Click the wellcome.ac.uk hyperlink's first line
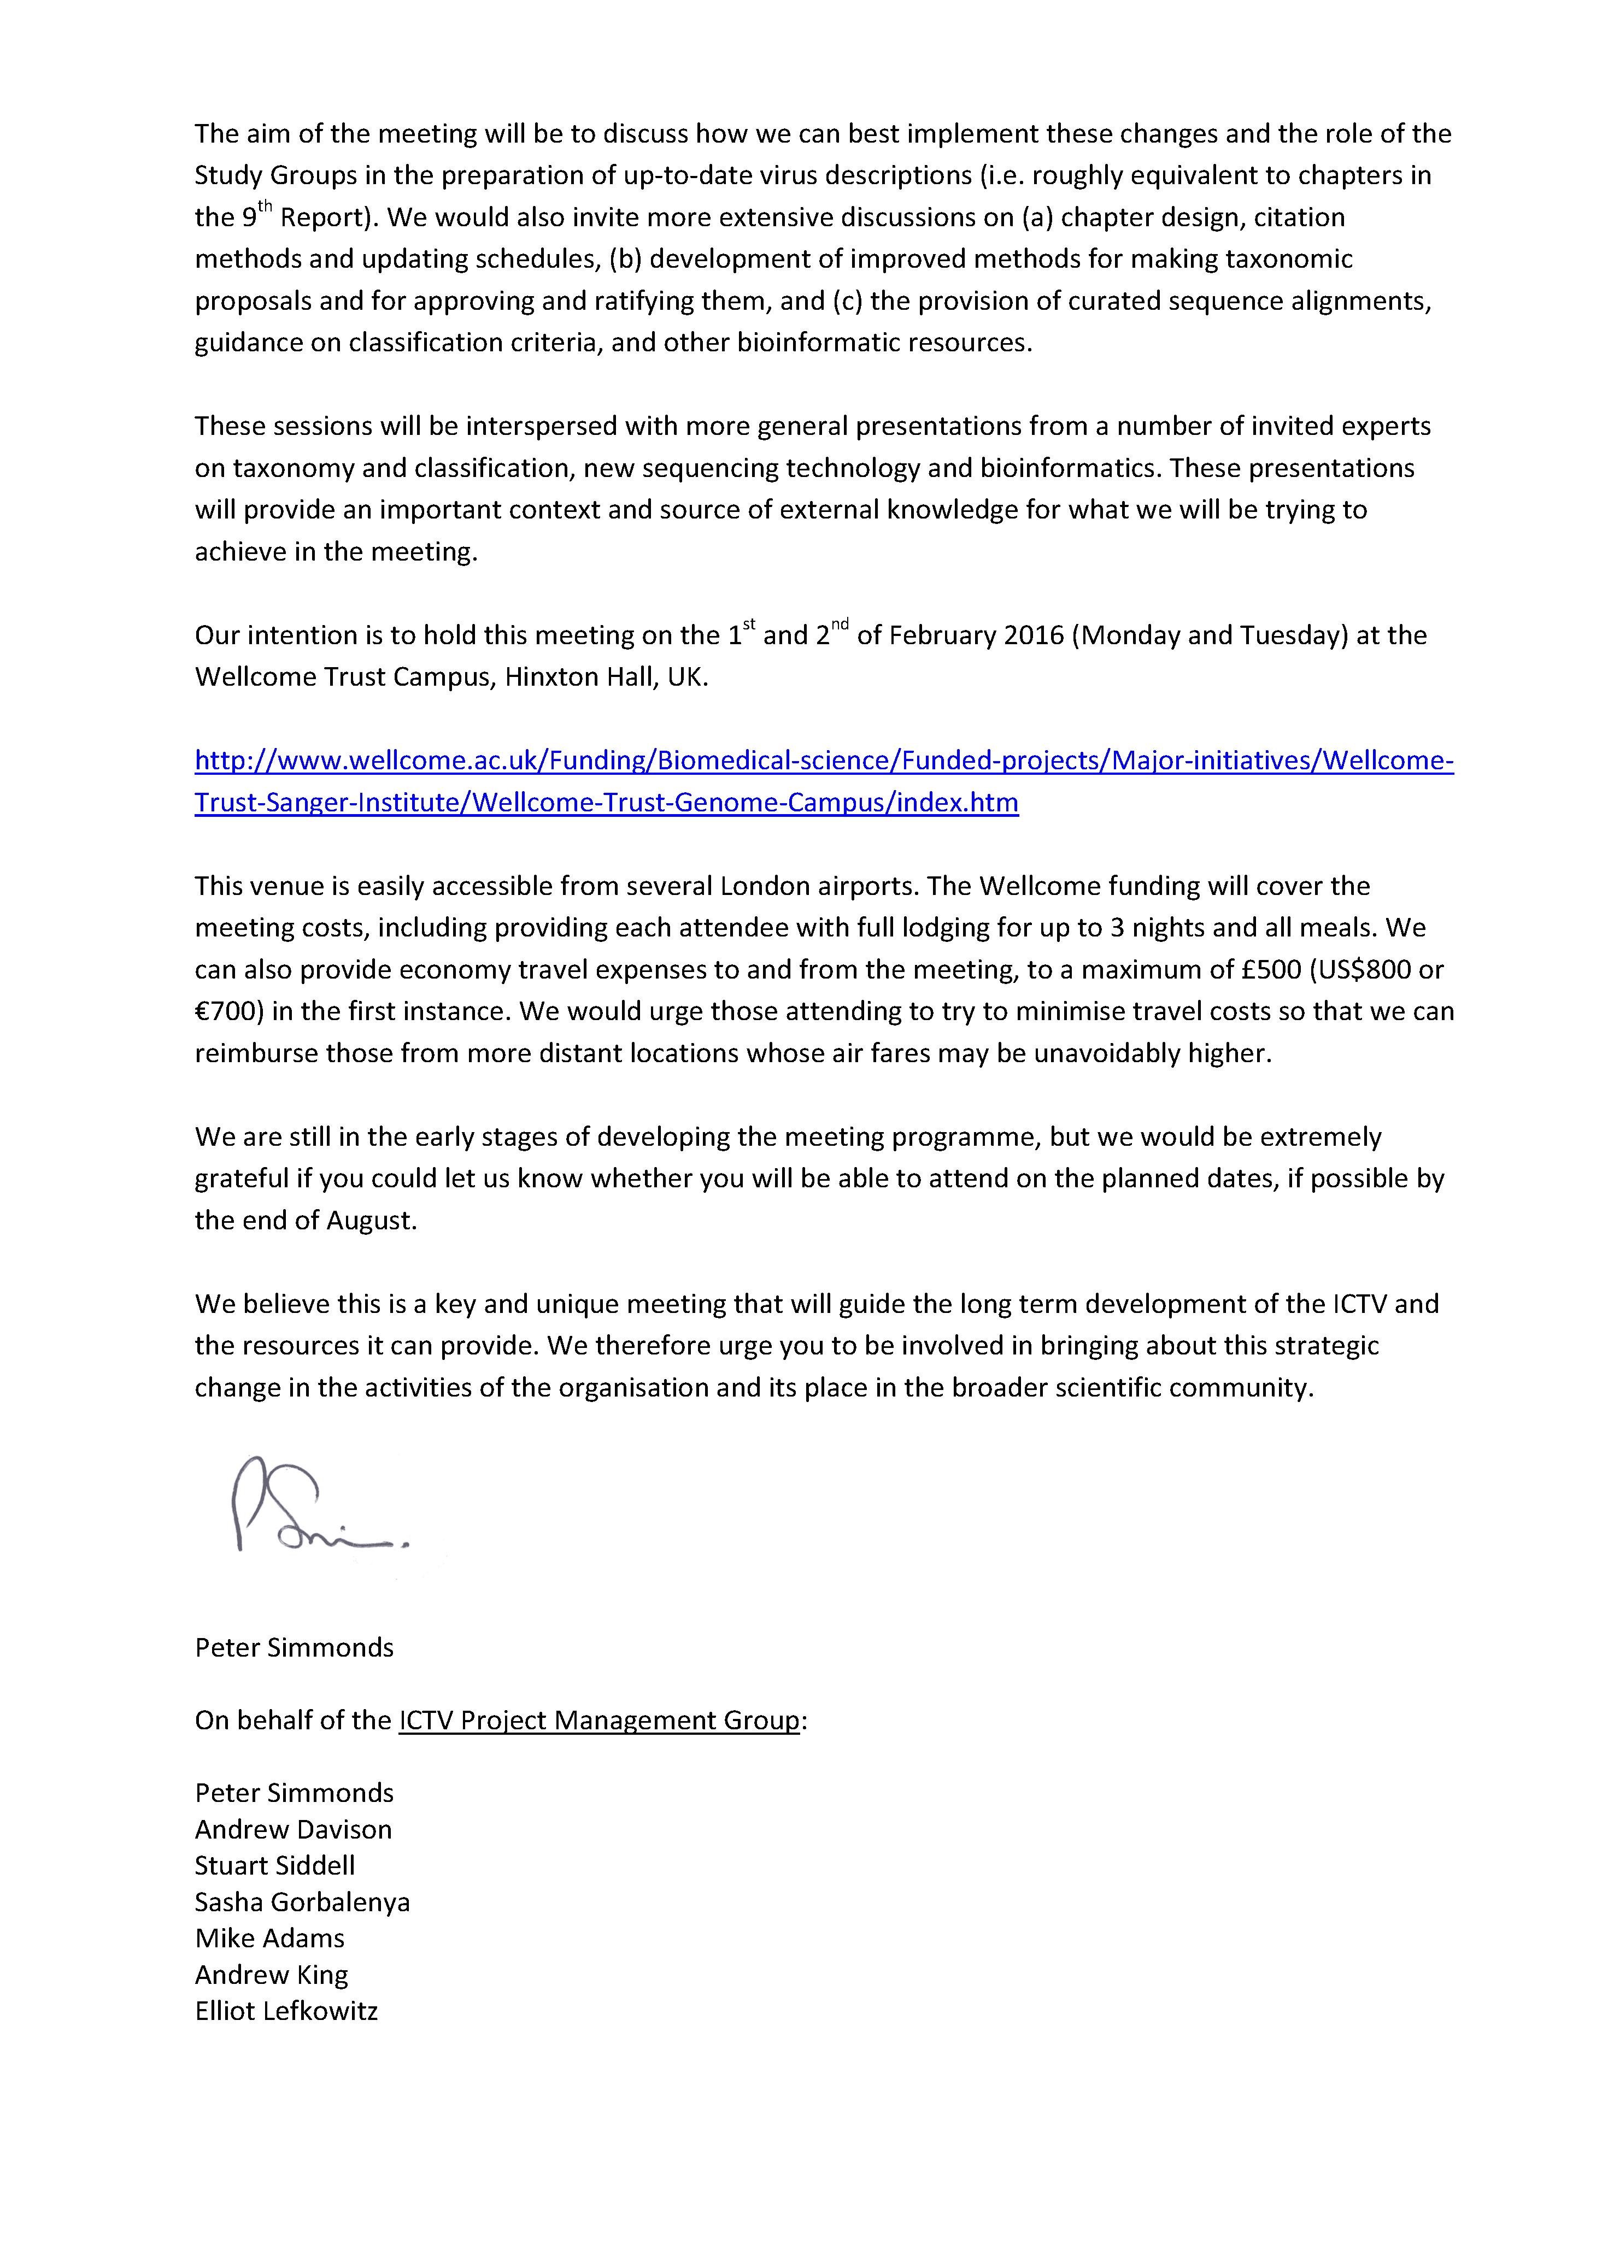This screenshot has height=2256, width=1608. tap(824, 760)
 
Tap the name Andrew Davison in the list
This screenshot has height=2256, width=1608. tap(293, 1829)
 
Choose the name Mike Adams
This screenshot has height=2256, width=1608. tap(269, 1937)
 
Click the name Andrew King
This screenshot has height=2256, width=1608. tap(271, 1974)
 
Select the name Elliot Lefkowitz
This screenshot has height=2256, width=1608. tap(286, 2011)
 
